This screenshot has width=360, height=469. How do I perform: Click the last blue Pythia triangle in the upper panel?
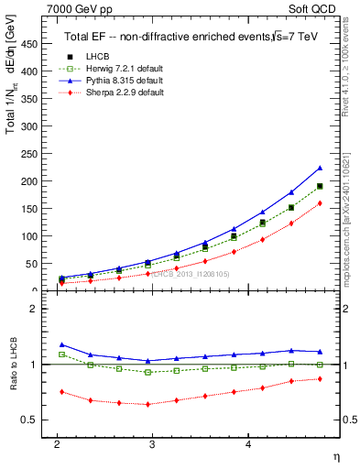[320, 168]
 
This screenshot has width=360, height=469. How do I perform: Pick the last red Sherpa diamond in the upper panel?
[320, 203]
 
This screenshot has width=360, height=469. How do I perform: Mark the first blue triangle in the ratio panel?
[61, 344]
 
